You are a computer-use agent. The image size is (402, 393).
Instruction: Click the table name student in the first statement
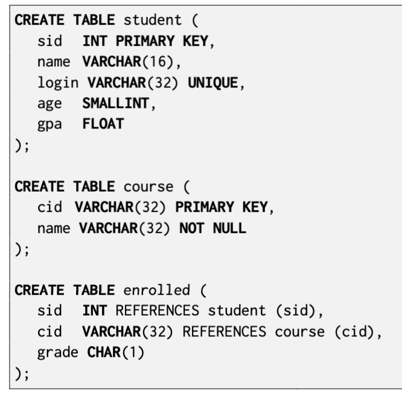(153, 20)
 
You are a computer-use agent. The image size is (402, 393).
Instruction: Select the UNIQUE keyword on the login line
(213, 83)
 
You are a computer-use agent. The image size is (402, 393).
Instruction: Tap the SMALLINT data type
(116, 103)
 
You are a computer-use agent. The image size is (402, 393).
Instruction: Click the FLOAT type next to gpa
(103, 124)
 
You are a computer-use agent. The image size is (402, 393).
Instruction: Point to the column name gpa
(49, 125)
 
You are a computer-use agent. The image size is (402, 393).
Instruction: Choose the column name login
(58, 83)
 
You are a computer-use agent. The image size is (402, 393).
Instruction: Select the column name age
(49, 104)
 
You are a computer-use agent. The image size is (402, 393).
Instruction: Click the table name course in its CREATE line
(148, 187)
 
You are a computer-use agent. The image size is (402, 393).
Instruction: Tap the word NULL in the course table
(229, 228)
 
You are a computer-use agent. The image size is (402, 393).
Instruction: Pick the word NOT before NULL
(192, 228)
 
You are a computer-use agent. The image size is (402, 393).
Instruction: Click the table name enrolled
(157, 290)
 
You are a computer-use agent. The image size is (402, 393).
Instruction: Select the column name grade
(58, 353)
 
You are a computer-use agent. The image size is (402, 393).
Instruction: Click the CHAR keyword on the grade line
(104, 352)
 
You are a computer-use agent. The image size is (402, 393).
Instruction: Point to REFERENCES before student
(158, 310)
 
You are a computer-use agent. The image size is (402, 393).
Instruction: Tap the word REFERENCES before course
(225, 332)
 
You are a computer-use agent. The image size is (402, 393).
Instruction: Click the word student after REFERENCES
(237, 310)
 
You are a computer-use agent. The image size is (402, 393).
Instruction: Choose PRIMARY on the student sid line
(145, 41)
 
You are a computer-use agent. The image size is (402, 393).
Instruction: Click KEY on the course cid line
(255, 207)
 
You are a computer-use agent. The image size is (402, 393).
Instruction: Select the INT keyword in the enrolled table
(95, 310)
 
